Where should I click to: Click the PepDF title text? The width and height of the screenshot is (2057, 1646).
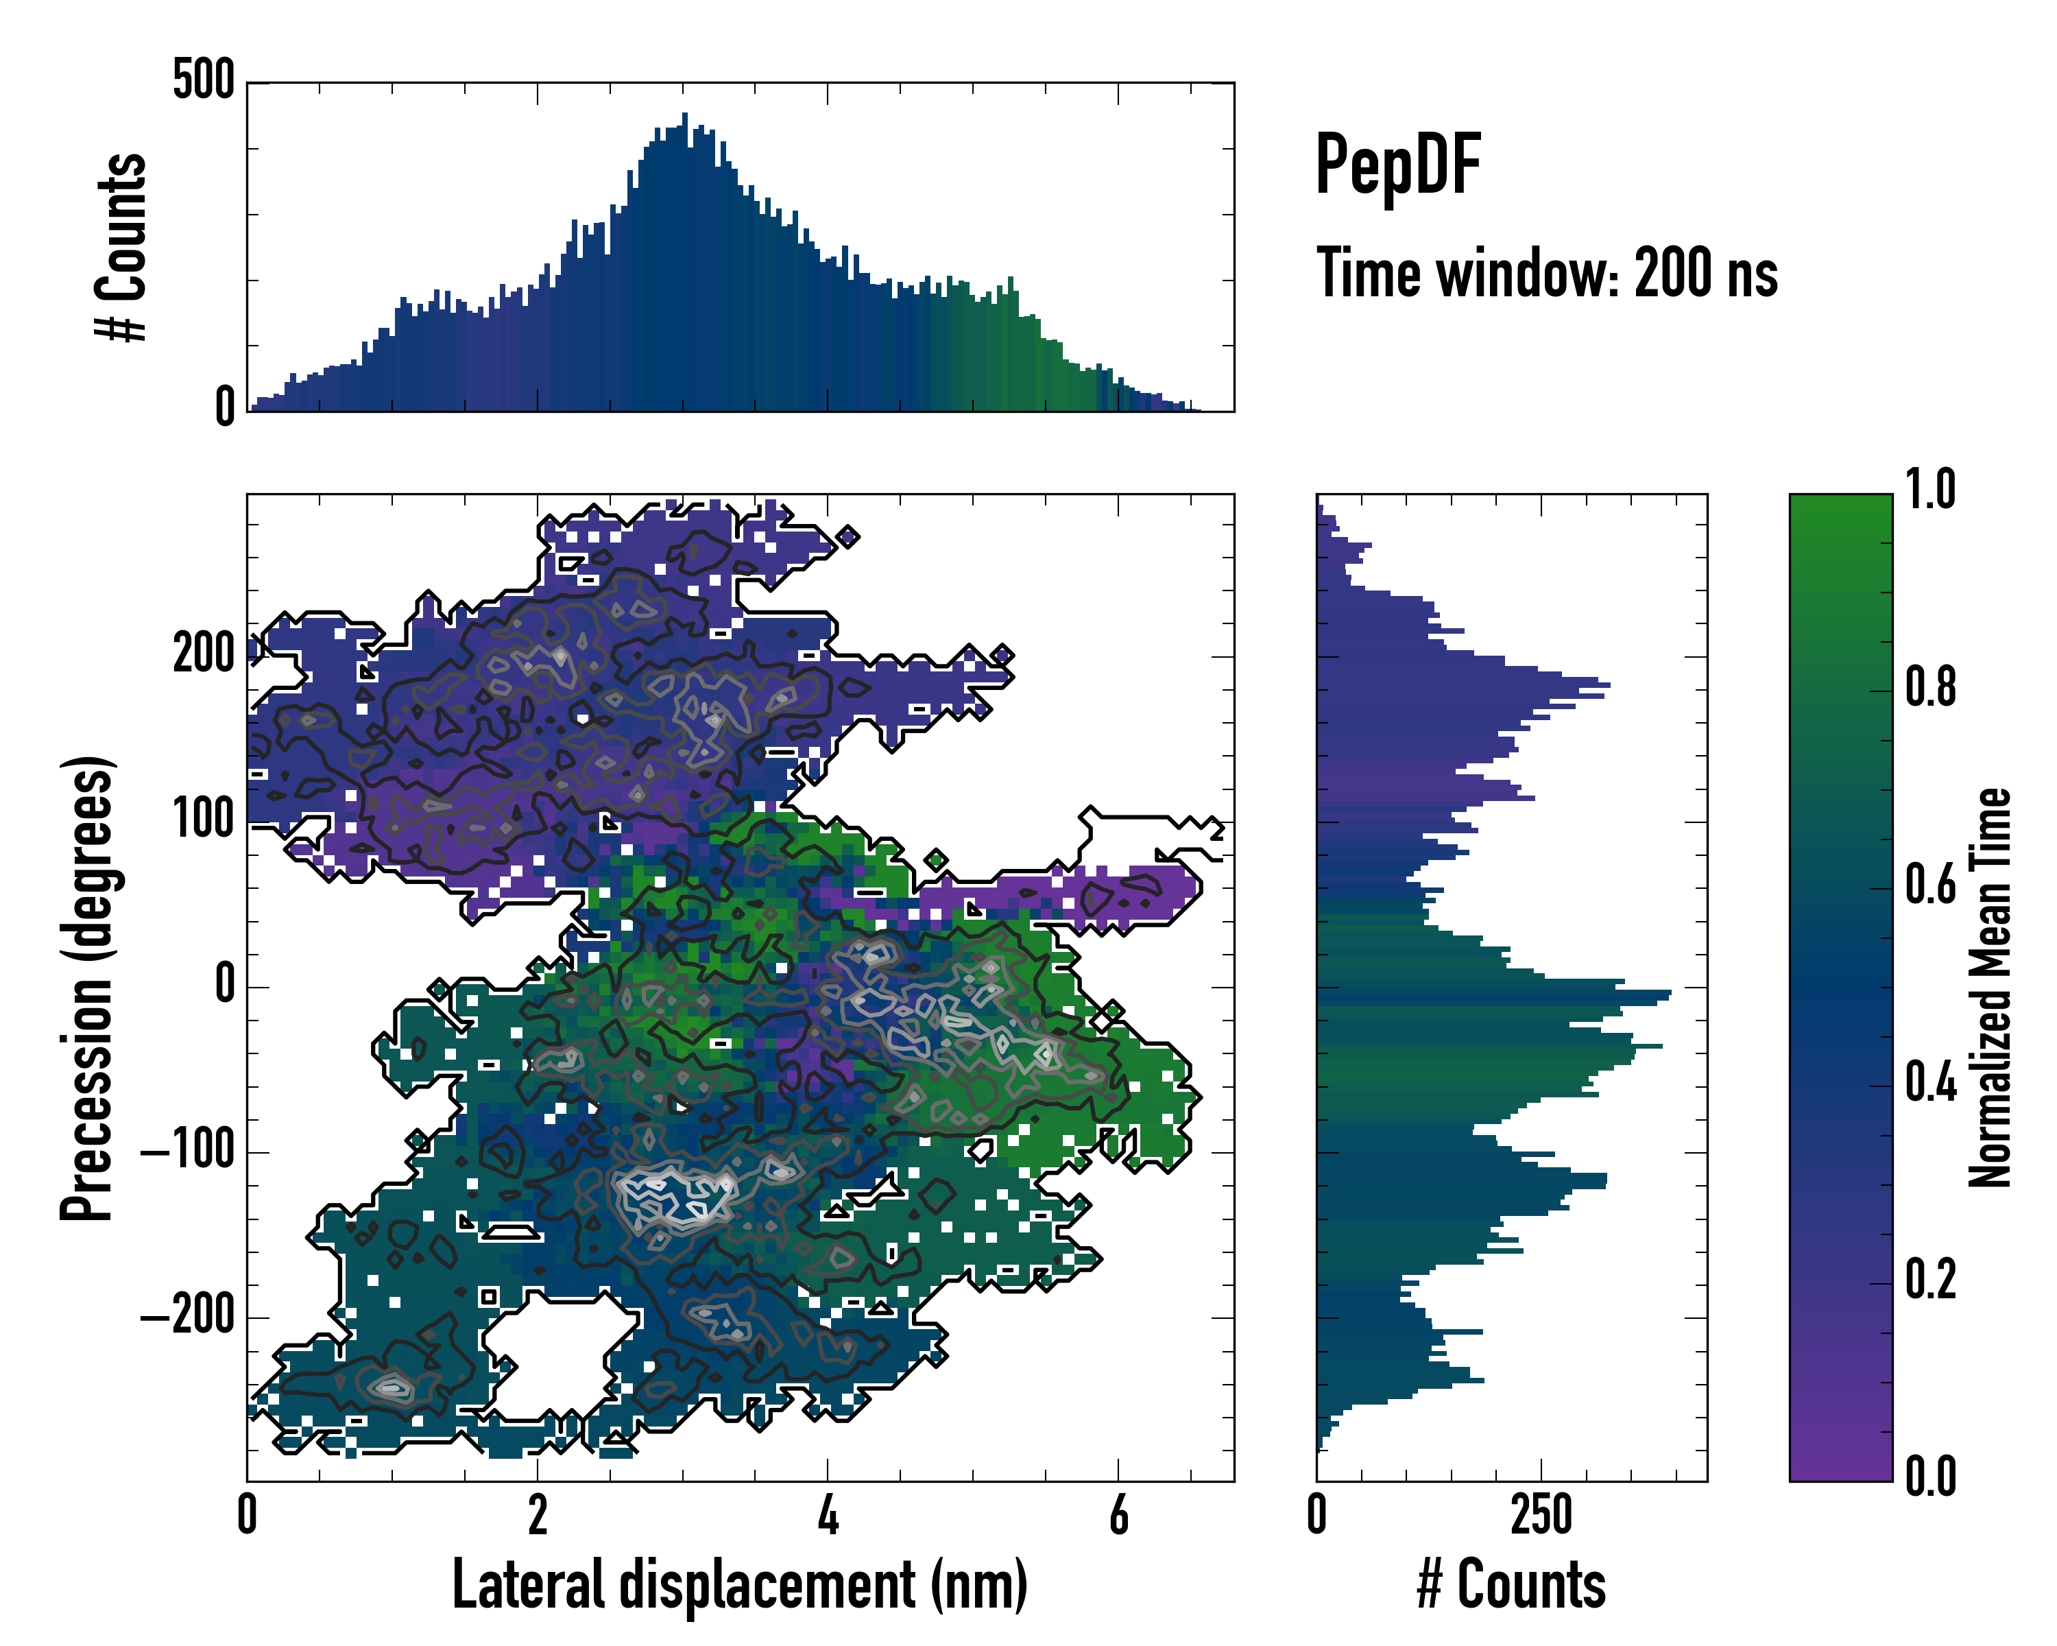click(x=1397, y=165)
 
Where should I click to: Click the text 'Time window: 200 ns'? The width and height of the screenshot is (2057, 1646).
click(x=1547, y=273)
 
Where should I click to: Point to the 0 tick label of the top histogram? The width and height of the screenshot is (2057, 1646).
click(x=225, y=407)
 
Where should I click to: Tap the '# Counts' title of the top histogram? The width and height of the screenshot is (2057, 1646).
click(x=122, y=247)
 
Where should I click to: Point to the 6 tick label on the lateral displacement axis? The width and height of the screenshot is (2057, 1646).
click(x=1118, y=1514)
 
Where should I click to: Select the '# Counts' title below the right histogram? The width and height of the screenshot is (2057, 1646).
click(x=1511, y=1584)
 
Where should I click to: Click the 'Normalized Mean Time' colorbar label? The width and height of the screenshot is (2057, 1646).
click(x=1990, y=987)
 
